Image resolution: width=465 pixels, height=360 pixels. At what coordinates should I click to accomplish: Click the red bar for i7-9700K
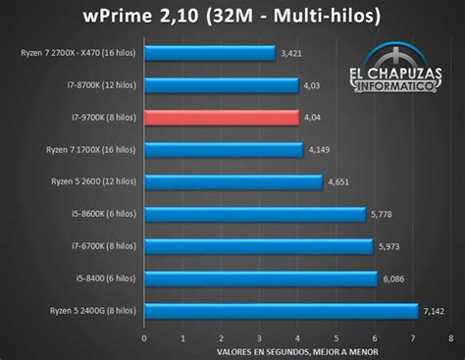221,118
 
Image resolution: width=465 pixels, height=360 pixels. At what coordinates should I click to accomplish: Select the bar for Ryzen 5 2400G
281,311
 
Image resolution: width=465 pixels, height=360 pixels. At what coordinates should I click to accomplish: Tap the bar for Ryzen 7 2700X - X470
209,53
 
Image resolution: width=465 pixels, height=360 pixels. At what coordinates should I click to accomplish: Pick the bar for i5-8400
260,279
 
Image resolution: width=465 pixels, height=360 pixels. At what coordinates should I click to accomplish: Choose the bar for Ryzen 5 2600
232,181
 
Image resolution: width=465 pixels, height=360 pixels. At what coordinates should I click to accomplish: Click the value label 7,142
434,311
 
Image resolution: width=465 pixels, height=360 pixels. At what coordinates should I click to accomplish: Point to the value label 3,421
291,54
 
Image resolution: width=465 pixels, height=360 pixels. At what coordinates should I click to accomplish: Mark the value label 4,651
338,182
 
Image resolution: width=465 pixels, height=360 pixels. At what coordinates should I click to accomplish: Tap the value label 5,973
389,247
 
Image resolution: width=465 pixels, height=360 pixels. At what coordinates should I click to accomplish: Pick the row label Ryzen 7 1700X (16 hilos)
94,150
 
